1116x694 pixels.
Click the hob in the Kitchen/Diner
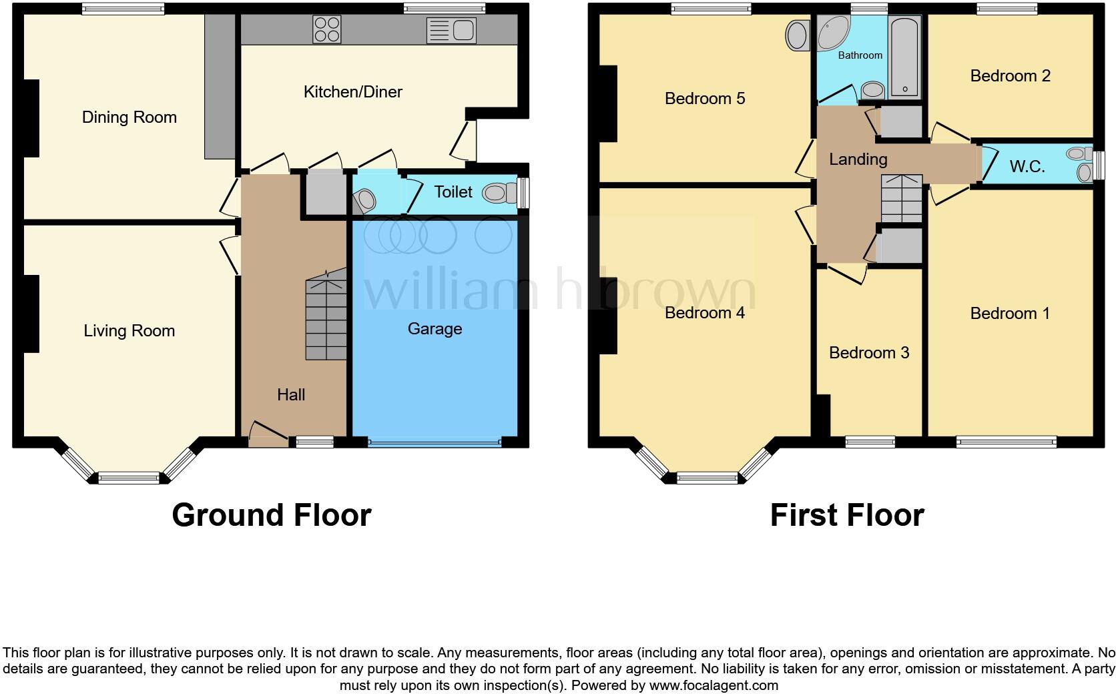[x=327, y=29]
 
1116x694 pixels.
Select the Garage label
[x=435, y=329]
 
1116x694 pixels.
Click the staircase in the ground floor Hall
[x=327, y=318]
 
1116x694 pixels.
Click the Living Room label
[x=129, y=331]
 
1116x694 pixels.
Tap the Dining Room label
[x=129, y=117]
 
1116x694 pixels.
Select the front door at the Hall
[x=268, y=434]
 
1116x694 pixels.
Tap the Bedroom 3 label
[x=868, y=353]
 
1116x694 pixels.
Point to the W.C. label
[x=1027, y=167]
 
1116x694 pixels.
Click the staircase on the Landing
[x=902, y=198]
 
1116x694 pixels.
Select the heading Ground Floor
[x=271, y=515]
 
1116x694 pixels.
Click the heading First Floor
[x=846, y=515]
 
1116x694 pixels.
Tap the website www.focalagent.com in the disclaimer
[x=713, y=685]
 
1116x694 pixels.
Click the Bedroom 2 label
[x=1009, y=76]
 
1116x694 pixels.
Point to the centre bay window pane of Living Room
[x=129, y=477]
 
